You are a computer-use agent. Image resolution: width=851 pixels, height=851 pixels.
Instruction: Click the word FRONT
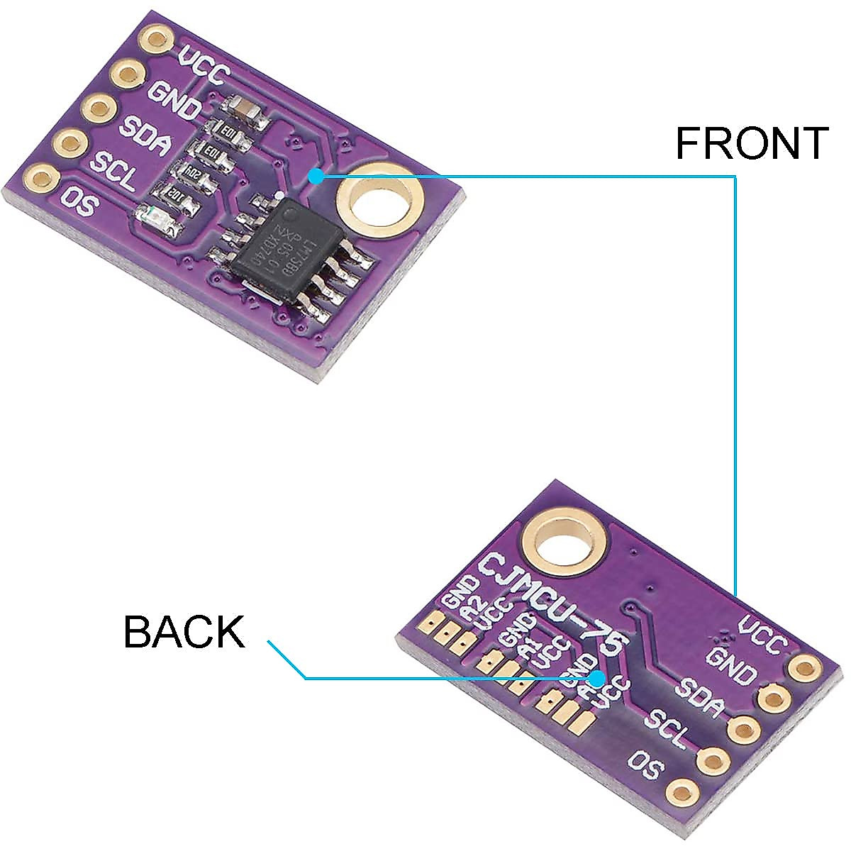pos(752,143)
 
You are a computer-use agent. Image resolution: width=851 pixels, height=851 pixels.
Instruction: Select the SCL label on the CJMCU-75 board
pos(667,730)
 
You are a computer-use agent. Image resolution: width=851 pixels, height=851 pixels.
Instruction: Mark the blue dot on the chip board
pos(316,176)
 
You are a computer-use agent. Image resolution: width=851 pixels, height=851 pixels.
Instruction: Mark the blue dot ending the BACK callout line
pos(596,678)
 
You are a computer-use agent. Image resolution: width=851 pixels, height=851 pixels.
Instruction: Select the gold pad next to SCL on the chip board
pos(69,143)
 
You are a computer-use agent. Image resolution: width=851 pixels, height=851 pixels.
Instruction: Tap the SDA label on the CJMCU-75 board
pos(699,698)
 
